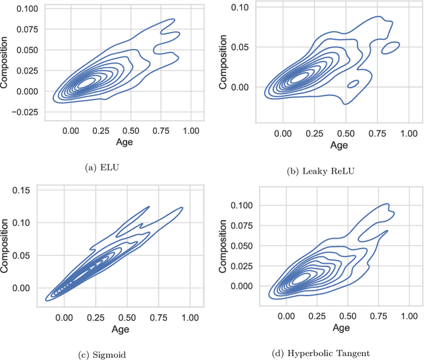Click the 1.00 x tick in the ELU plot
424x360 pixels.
coord(191,131)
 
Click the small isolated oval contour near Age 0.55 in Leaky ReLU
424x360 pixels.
coord(353,84)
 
